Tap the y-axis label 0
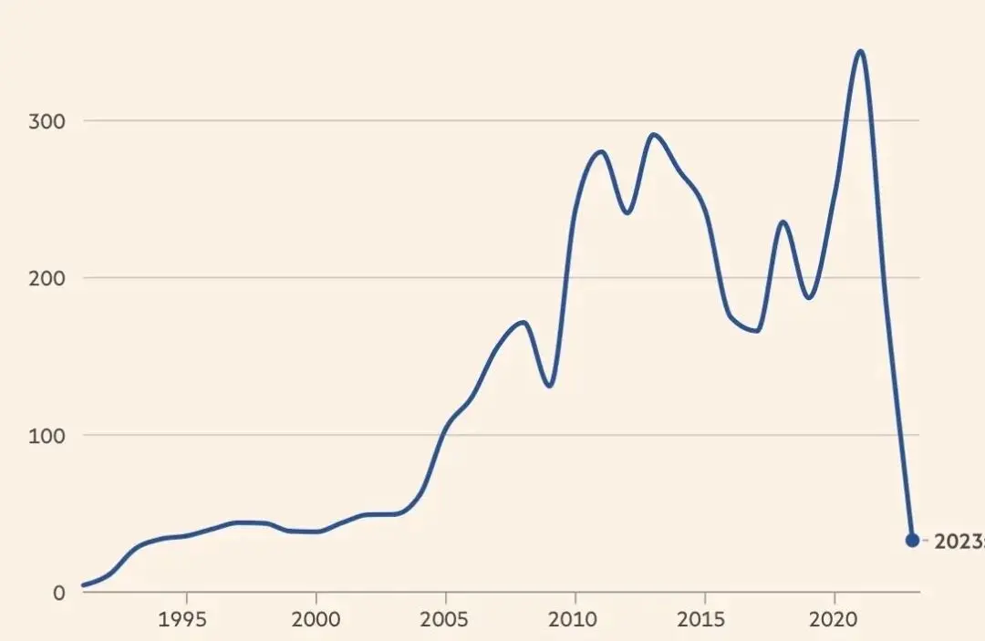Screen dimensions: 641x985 click(x=59, y=592)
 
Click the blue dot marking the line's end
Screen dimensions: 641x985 click(x=912, y=540)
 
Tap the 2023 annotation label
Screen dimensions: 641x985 click(x=958, y=541)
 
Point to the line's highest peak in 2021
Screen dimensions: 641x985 click(x=859, y=51)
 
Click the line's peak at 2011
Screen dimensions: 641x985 click(x=600, y=151)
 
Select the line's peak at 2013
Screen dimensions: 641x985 click(x=653, y=135)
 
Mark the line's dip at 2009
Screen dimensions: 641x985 click(x=549, y=386)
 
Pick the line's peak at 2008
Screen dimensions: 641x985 click(x=523, y=322)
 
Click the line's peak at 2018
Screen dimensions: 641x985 click(x=783, y=222)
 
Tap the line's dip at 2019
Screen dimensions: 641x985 click(x=808, y=297)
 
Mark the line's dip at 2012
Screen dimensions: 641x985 click(x=627, y=212)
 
